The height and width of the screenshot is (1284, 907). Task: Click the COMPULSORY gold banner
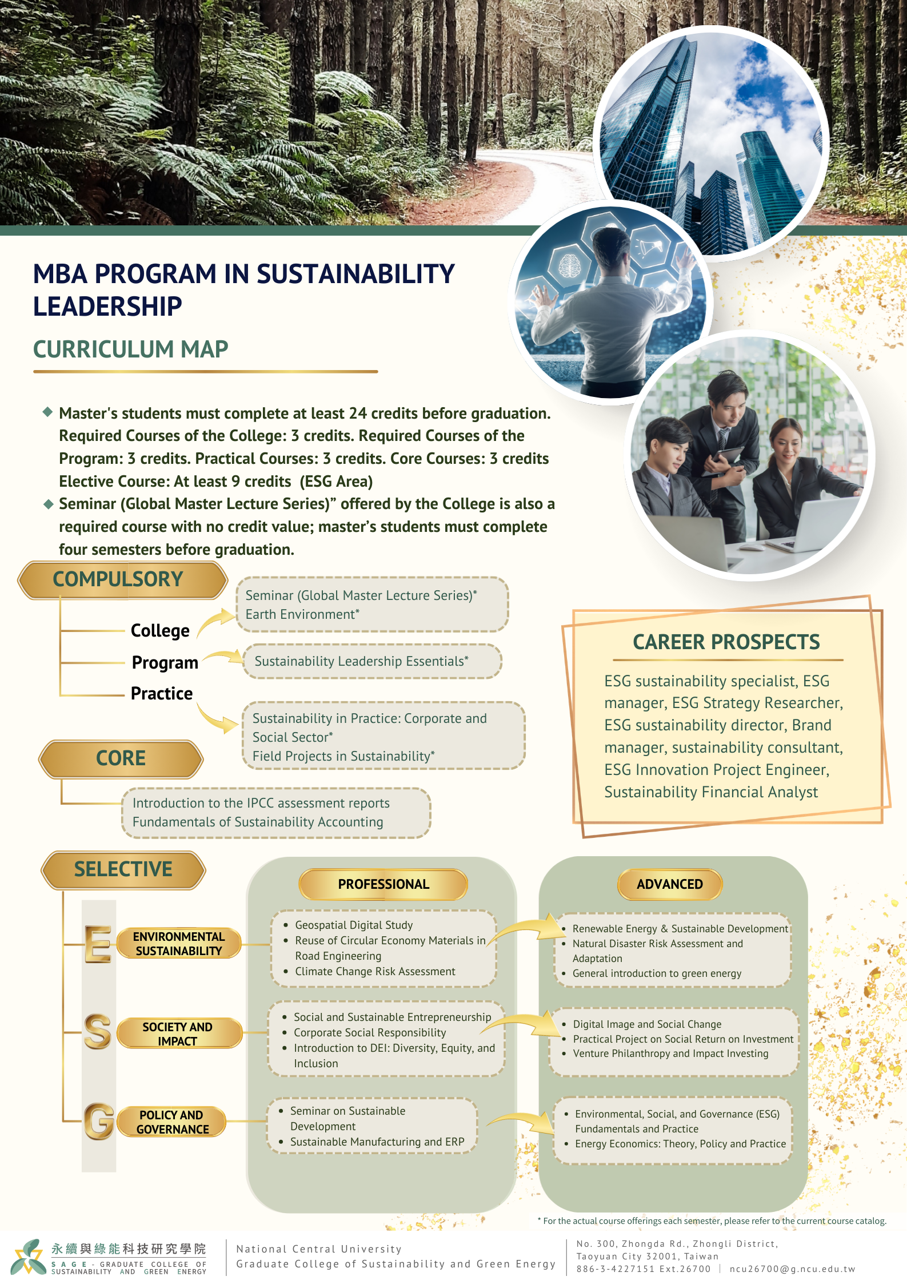(122, 579)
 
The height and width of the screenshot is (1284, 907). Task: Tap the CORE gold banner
(121, 758)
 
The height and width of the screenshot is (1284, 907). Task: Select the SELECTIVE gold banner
(123, 869)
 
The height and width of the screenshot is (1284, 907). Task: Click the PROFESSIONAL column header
(383, 884)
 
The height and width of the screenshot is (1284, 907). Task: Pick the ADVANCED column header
(669, 884)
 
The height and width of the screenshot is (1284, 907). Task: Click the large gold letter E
(98, 944)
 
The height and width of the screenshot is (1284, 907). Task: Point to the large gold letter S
(98, 1031)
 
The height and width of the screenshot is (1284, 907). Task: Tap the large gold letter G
(99, 1121)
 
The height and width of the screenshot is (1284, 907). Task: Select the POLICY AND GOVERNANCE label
(172, 1122)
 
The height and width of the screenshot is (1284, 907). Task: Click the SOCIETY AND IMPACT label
(178, 1033)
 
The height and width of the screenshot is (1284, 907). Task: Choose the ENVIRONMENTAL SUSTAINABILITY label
(179, 944)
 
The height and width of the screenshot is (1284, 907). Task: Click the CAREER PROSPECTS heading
(726, 642)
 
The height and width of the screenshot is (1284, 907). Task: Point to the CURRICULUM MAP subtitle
(130, 349)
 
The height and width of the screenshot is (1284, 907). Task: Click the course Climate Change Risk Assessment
(375, 971)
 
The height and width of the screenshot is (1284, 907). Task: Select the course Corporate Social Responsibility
(370, 1032)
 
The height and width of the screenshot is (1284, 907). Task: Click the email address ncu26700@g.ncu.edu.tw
(792, 1269)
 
